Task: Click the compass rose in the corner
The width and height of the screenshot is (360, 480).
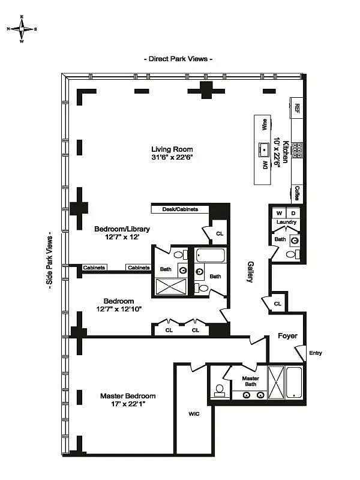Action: pos(22,29)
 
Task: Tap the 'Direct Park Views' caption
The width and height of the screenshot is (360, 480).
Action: pos(178,59)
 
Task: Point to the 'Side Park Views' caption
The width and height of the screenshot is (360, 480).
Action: pos(50,262)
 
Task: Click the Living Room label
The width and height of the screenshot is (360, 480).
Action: pos(172,149)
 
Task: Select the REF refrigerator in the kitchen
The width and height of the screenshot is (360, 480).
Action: pos(296,108)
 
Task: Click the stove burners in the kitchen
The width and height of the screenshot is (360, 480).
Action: pos(296,151)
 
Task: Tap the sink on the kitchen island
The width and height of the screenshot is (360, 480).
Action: pos(264,150)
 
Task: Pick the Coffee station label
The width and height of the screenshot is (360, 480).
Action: pos(297,193)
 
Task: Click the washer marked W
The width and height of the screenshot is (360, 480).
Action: pos(279,213)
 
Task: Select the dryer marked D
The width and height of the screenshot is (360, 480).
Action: pos(293,213)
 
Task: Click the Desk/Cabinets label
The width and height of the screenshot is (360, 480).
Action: pos(180,209)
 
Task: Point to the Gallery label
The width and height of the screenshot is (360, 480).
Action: pos(250,272)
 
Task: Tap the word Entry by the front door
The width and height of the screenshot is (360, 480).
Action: pos(316,353)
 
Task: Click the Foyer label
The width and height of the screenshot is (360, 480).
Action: pos(287,336)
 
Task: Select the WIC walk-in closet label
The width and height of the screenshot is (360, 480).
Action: pos(194,414)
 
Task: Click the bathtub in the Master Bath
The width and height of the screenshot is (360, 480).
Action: pos(295,383)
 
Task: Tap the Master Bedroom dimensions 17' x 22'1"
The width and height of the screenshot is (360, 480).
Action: pos(128,404)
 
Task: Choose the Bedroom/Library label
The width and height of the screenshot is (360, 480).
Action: pos(122,229)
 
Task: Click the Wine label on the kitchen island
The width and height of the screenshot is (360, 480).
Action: pos(264,125)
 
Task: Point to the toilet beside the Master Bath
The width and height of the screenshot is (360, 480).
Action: pos(220,390)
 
